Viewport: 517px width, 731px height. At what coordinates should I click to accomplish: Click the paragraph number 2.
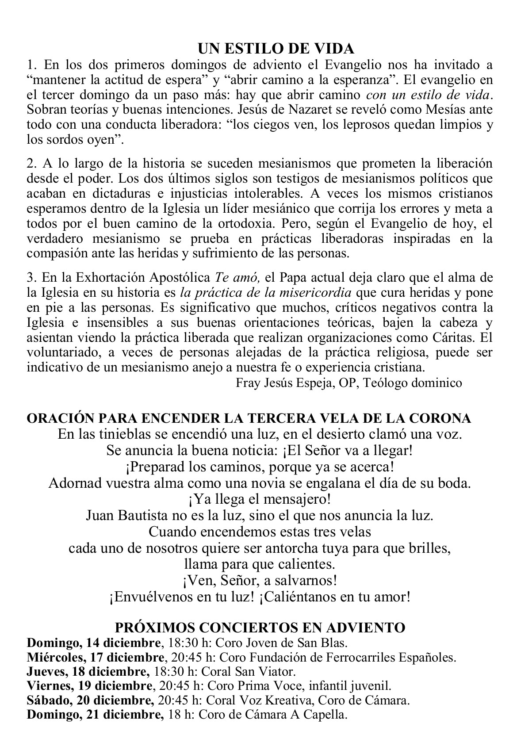point(31,164)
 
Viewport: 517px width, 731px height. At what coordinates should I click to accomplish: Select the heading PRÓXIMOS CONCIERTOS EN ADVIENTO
point(260,627)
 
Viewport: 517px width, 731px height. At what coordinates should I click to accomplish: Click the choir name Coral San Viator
point(248,671)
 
